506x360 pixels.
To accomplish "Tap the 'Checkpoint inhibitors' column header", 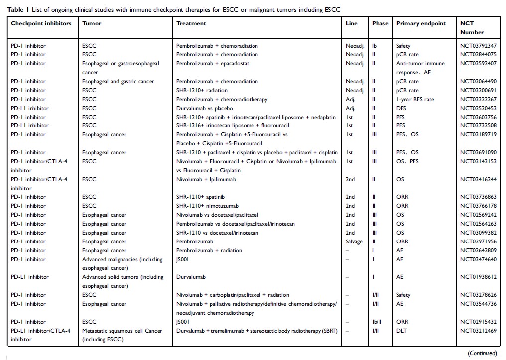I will (41, 23).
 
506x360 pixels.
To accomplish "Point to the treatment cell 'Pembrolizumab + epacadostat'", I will (212, 64).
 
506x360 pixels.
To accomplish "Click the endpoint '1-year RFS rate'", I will (415, 100).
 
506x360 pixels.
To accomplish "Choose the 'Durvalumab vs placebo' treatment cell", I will (204, 109).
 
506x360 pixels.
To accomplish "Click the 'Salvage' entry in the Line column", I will (354, 241).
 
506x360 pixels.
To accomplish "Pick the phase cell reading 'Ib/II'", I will (378, 322).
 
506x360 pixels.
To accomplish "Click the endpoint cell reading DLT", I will (401, 331).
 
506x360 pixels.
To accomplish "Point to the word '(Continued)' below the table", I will (482, 353).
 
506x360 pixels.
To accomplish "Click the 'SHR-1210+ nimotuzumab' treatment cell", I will (207, 206).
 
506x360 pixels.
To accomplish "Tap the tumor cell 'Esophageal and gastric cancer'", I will (119, 82).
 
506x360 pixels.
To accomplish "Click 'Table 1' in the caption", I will (18, 10).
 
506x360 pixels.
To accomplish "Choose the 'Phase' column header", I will (380, 23).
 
